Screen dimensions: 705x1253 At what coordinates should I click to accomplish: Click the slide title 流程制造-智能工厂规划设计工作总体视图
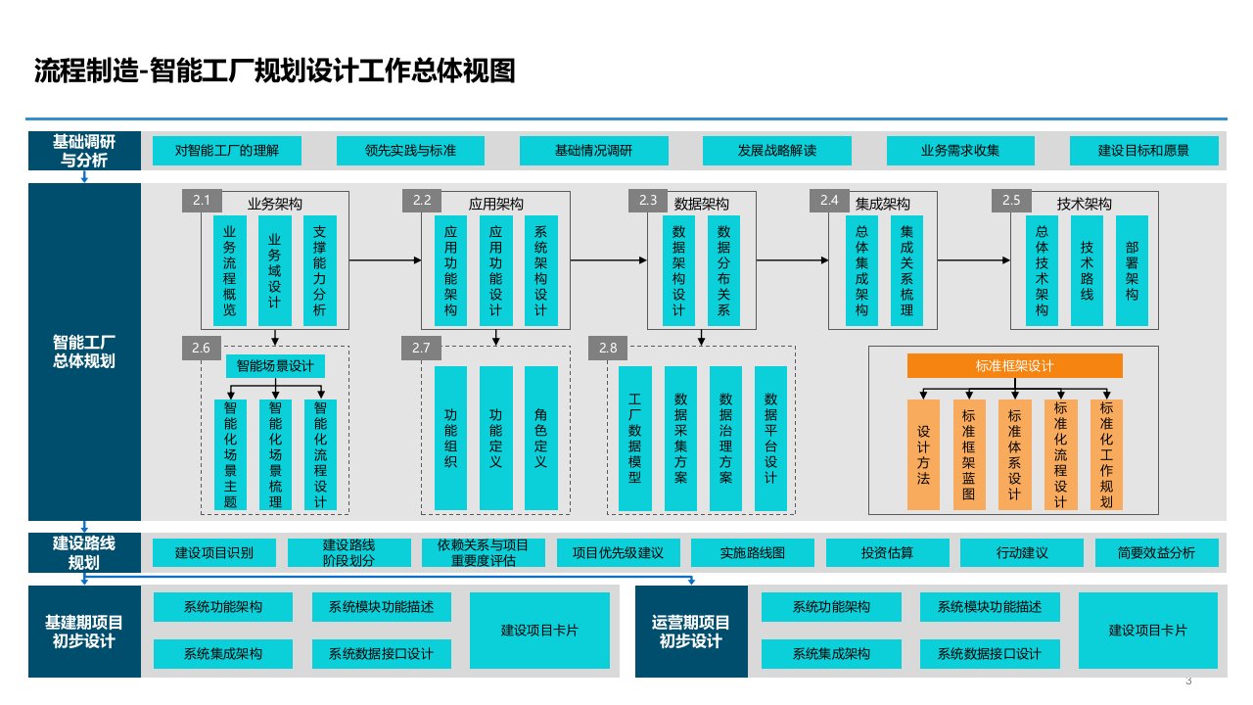pyautogui.click(x=274, y=71)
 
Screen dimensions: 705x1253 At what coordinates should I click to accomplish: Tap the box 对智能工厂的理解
pyautogui.click(x=226, y=151)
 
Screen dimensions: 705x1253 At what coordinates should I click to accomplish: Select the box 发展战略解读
pyautogui.click(x=776, y=151)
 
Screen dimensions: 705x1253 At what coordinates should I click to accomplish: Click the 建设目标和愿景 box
pyautogui.click(x=1143, y=151)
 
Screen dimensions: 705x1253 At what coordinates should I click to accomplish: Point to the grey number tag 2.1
pyautogui.click(x=202, y=201)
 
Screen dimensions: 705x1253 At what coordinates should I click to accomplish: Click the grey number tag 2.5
pyautogui.click(x=1011, y=201)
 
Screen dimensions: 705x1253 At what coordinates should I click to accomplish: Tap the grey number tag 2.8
pyautogui.click(x=608, y=348)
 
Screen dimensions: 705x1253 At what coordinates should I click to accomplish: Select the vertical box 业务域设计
pyautogui.click(x=275, y=269)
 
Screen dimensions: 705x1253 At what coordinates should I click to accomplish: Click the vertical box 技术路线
pyautogui.click(x=1087, y=269)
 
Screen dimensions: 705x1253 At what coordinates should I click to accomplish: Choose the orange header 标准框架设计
pyautogui.click(x=1014, y=366)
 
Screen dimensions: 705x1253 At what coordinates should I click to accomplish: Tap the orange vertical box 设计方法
pyautogui.click(x=923, y=454)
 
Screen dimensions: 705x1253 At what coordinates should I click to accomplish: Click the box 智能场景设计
pyautogui.click(x=275, y=366)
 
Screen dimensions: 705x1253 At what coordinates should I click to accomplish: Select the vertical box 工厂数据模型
pyautogui.click(x=635, y=439)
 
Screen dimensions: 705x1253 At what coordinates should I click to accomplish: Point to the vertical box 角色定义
pyautogui.click(x=541, y=439)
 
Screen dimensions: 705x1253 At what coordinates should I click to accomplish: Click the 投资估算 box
pyautogui.click(x=887, y=553)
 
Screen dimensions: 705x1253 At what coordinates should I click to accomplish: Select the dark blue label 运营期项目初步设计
pyautogui.click(x=690, y=632)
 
